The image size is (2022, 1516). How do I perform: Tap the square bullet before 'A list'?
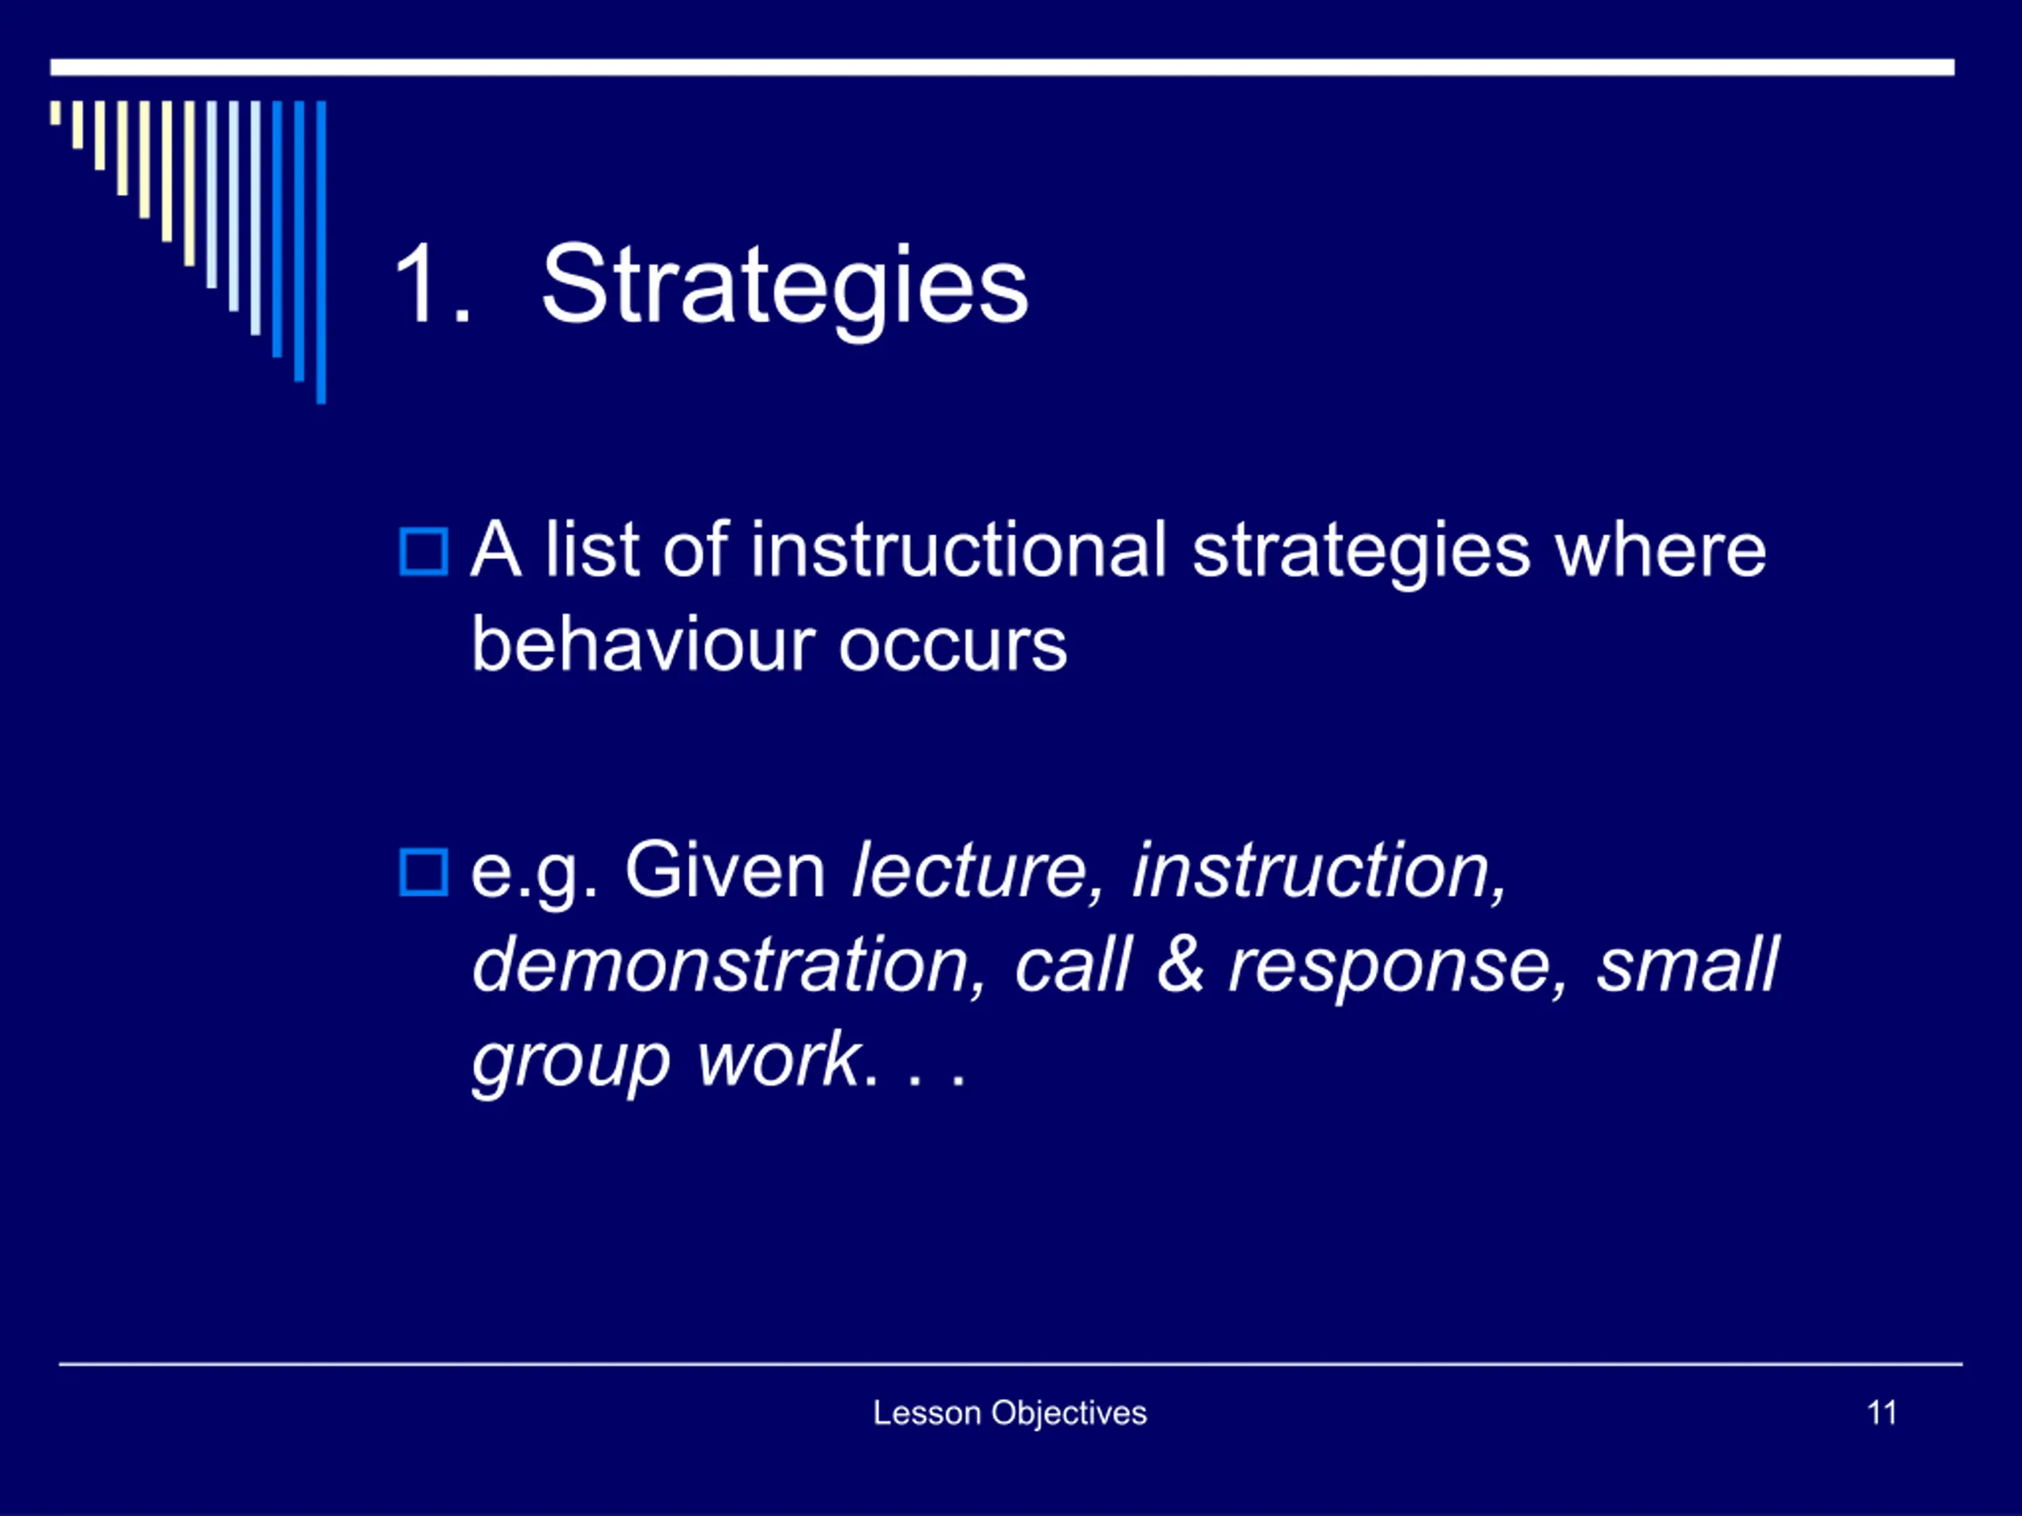click(423, 552)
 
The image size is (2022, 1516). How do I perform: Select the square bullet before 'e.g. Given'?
click(423, 872)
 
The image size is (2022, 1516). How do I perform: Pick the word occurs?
click(953, 650)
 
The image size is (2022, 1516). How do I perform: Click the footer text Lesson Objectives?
click(1009, 1413)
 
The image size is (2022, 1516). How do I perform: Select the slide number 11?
click(1882, 1413)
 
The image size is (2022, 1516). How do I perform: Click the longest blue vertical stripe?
click(321, 252)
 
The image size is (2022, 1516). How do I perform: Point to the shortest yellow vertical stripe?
click(56, 112)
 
